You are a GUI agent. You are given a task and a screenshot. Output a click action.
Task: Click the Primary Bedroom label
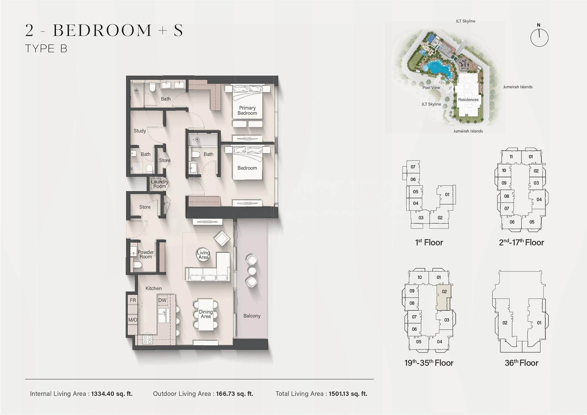(247, 110)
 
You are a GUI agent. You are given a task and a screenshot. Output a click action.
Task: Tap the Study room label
(140, 131)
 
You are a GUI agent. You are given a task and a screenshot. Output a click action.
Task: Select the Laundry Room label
(159, 184)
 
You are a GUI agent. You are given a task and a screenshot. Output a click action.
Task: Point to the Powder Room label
(146, 254)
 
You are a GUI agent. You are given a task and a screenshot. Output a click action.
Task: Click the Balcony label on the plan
(252, 316)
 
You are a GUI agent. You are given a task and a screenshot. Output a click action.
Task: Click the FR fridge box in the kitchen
(133, 300)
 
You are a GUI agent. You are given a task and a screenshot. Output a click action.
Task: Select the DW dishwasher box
(162, 300)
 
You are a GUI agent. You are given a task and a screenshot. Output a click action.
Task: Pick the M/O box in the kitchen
(133, 320)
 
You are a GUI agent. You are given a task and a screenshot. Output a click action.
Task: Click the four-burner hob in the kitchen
(147, 340)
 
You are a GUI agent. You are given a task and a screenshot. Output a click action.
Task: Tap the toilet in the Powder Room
(137, 265)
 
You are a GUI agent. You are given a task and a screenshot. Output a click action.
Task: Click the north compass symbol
(539, 37)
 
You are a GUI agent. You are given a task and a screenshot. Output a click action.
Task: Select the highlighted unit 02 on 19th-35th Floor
(444, 298)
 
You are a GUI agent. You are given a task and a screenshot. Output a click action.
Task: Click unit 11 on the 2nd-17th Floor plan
(511, 157)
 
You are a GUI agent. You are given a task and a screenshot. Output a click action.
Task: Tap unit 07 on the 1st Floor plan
(413, 167)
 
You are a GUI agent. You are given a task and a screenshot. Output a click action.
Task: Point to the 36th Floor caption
(521, 363)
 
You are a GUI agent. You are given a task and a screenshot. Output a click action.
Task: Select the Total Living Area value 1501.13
(348, 394)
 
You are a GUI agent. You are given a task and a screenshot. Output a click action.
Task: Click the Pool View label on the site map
(431, 88)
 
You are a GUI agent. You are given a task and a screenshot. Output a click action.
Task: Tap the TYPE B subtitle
(46, 49)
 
